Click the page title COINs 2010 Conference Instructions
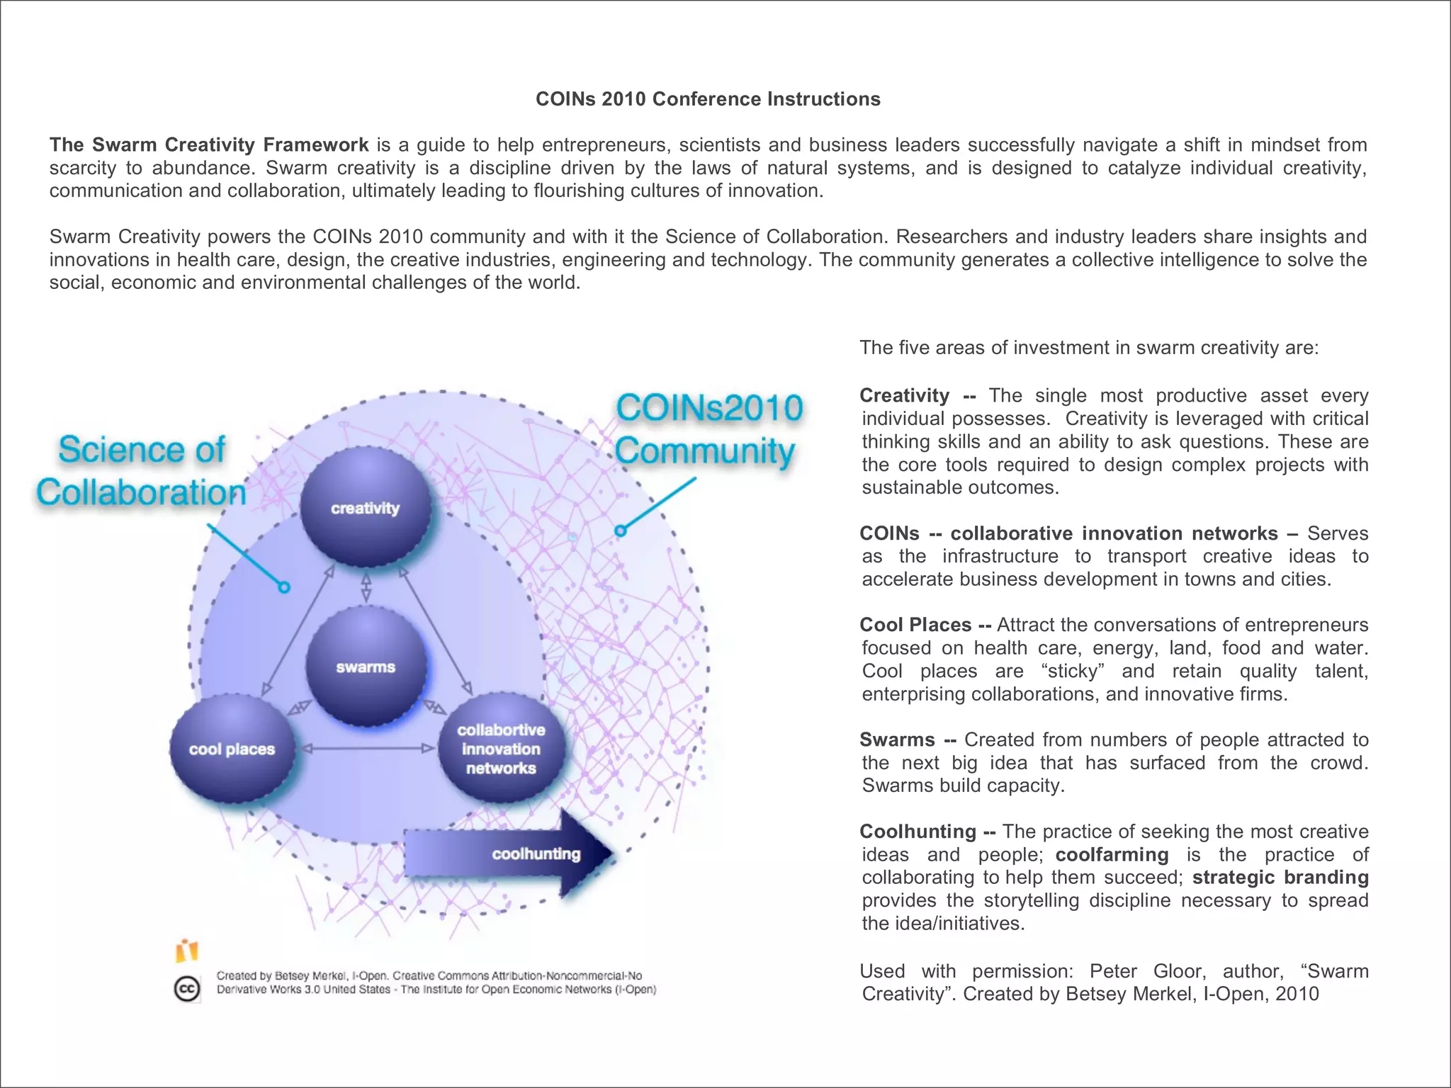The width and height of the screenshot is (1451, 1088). [x=708, y=99]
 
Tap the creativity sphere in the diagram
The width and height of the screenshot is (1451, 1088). [x=366, y=507]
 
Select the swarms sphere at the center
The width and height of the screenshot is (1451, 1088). [x=366, y=667]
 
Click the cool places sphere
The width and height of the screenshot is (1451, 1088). [x=232, y=749]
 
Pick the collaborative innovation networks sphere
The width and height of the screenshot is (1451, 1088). [x=501, y=749]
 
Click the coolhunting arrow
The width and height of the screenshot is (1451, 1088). [x=510, y=854]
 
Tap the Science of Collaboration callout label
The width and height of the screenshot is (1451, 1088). [x=142, y=471]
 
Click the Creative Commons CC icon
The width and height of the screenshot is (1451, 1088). [x=187, y=989]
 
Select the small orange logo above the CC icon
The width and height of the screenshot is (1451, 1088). [x=187, y=951]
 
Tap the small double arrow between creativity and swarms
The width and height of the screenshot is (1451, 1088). [x=366, y=587]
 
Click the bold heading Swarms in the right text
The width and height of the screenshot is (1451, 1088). [x=897, y=740]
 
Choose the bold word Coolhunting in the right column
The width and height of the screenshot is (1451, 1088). [x=918, y=832]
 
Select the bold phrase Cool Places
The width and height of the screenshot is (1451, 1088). [x=915, y=625]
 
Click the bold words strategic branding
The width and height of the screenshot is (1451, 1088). [x=1280, y=878]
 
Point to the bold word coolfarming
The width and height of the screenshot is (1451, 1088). [x=1112, y=855]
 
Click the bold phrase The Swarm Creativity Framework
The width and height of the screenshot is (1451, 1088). [x=209, y=145]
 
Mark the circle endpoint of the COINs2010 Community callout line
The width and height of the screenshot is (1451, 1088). [x=621, y=531]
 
